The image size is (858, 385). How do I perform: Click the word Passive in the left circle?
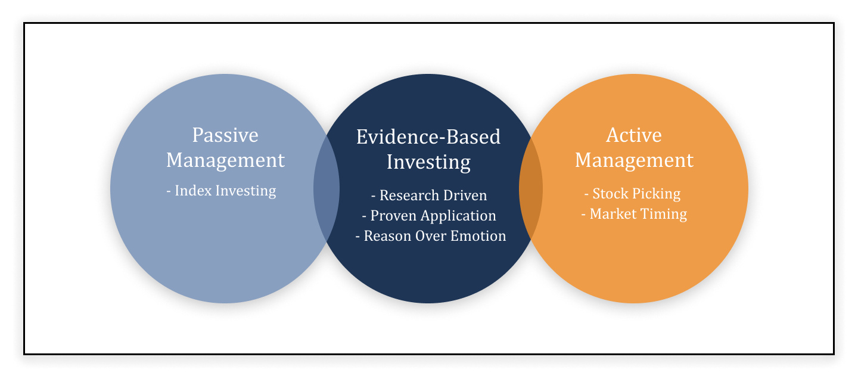click(x=225, y=135)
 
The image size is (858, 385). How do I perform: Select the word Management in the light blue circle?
click(x=225, y=160)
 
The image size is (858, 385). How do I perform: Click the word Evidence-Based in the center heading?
click(x=428, y=136)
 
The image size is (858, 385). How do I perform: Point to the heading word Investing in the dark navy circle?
click(x=428, y=163)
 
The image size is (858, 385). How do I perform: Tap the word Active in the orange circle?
click(x=634, y=135)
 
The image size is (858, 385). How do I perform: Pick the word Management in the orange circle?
click(x=634, y=160)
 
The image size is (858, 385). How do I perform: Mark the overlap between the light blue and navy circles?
click(x=327, y=188)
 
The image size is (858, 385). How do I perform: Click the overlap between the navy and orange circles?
click(x=531, y=188)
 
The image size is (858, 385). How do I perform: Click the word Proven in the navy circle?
click(x=393, y=216)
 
